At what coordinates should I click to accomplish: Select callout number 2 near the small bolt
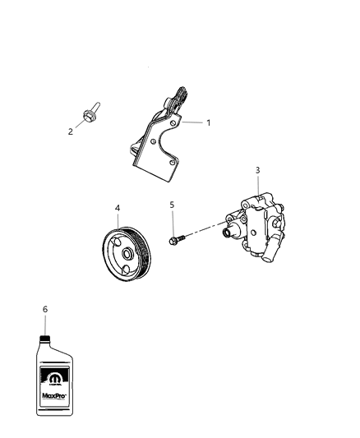coord(70,131)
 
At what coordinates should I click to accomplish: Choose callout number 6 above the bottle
coord(45,309)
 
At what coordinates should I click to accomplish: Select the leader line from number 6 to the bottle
coord(45,324)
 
